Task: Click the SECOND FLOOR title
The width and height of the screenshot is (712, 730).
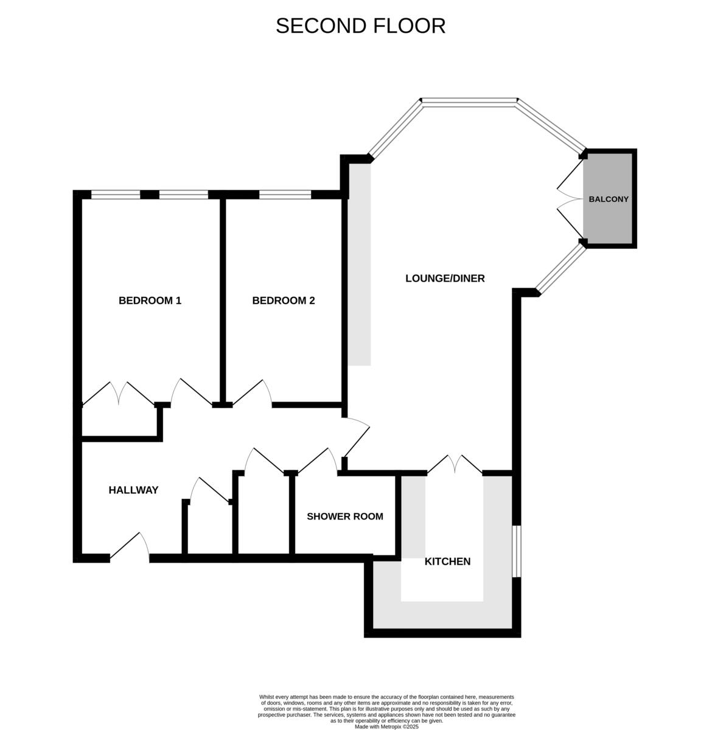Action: point(360,26)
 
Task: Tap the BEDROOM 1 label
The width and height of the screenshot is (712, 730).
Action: point(150,301)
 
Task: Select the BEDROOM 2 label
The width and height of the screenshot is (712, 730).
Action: point(284,301)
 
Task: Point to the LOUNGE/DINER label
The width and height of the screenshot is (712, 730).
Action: point(445,279)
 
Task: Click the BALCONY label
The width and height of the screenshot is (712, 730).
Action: point(608,199)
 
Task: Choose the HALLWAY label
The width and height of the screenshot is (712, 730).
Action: point(133,490)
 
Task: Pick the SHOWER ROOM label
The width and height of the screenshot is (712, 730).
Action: point(344,516)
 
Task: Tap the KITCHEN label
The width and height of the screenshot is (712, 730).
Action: point(447,561)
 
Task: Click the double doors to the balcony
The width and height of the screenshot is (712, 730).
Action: point(570,199)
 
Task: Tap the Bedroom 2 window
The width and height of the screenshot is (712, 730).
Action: point(285,195)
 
